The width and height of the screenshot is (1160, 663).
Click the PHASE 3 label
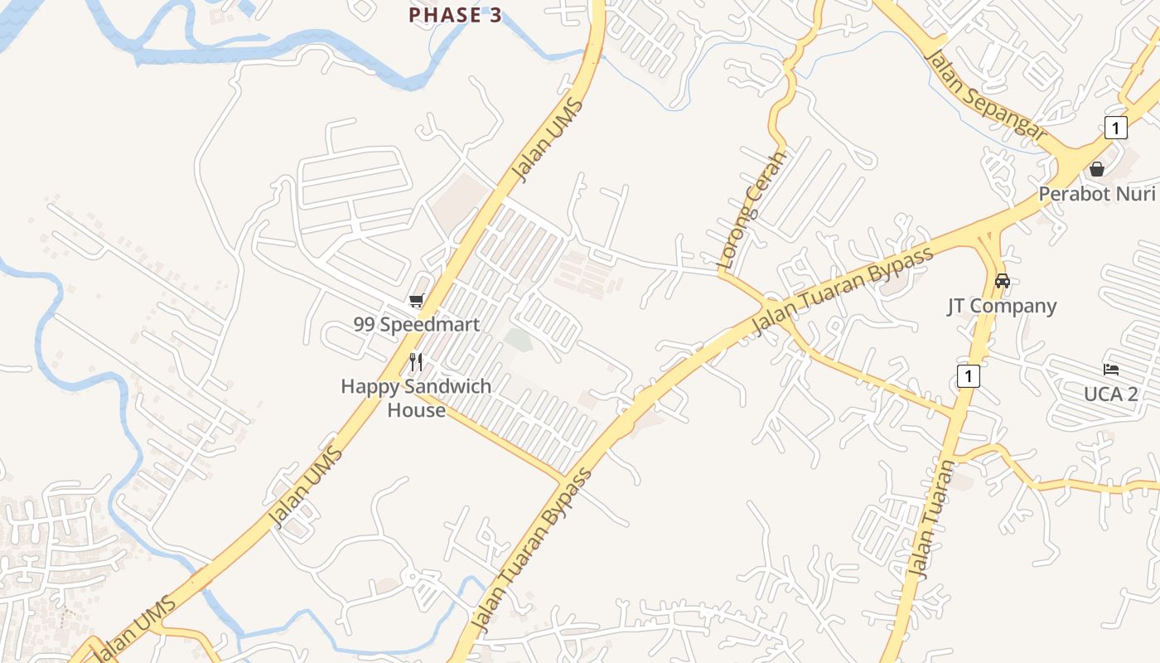pyautogui.click(x=456, y=15)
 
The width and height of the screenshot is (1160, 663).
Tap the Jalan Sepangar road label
pyautogui.click(x=986, y=96)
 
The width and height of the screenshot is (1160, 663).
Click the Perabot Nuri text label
pyautogui.click(x=1096, y=194)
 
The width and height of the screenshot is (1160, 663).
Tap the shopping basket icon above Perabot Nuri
pyautogui.click(x=1097, y=169)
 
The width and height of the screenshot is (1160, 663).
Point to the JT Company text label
pyautogui.click(x=1002, y=306)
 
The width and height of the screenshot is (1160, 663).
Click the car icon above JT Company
pyautogui.click(x=1003, y=281)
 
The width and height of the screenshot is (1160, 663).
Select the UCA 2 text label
pyautogui.click(x=1111, y=394)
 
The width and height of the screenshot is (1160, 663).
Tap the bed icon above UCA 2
pyautogui.click(x=1111, y=369)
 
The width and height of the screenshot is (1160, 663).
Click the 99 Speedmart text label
pyautogui.click(x=417, y=324)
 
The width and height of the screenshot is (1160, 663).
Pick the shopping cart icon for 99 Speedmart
pyautogui.click(x=416, y=300)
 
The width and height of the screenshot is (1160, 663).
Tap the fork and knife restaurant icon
pyautogui.click(x=416, y=362)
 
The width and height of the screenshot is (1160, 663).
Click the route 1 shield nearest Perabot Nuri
pyautogui.click(x=1116, y=128)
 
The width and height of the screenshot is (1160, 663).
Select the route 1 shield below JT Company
pyautogui.click(x=968, y=375)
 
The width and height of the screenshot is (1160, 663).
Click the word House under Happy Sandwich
pyautogui.click(x=416, y=409)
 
